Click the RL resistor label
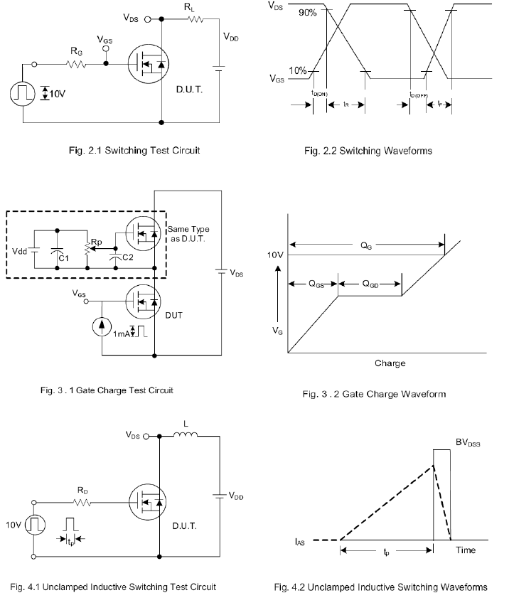[189, 7]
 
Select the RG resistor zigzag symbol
[76, 64]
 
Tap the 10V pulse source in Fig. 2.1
[23, 93]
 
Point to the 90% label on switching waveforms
[307, 13]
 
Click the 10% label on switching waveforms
[298, 70]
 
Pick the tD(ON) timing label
[319, 93]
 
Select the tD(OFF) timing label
[419, 95]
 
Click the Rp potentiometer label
[97, 242]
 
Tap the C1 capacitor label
[63, 258]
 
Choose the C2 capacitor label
[128, 257]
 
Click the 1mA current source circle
[102, 327]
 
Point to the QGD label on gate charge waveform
[370, 284]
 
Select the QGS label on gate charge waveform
[316, 284]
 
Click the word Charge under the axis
[390, 363]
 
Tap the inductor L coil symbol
[186, 434]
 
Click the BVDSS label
[468, 442]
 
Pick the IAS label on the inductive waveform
[299, 542]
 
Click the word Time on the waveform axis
[466, 550]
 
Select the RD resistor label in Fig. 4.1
[82, 491]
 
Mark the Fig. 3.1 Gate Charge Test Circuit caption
[107, 390]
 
